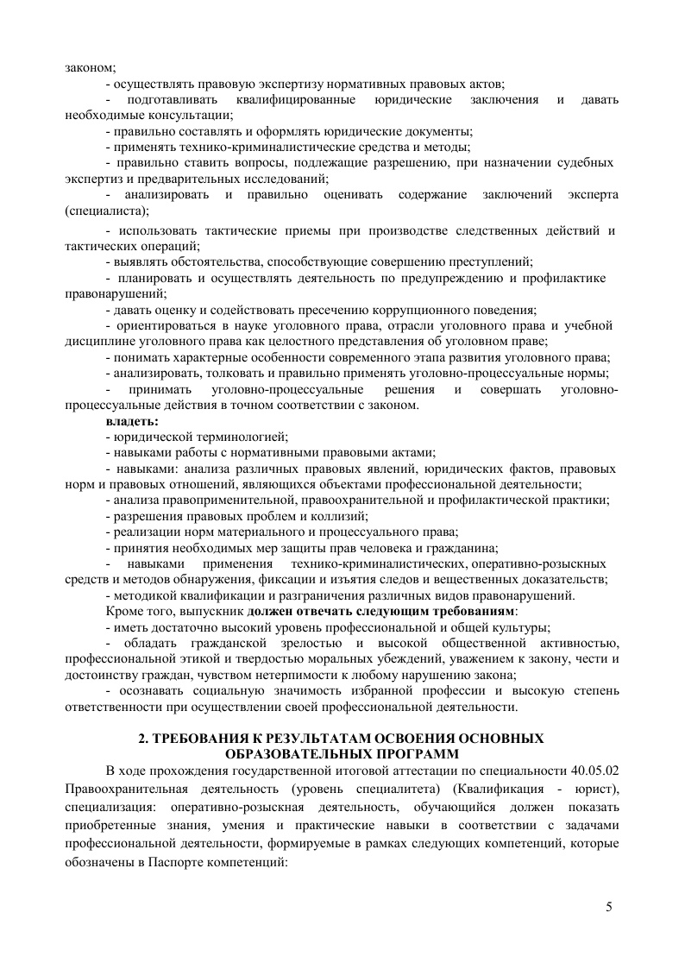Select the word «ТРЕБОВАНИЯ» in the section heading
[201, 739]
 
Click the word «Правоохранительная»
[117, 790]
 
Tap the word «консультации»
[185, 116]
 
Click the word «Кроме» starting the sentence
[123, 611]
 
